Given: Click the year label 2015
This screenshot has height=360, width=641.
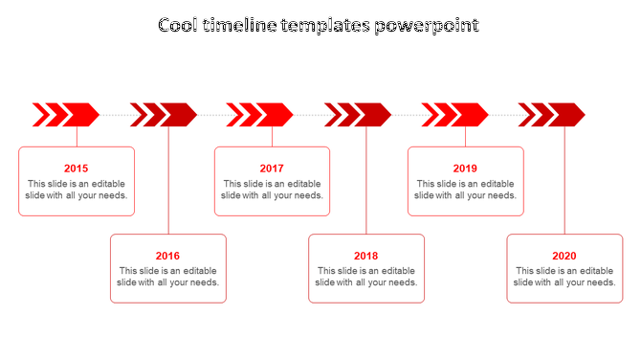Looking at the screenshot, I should pos(77,169).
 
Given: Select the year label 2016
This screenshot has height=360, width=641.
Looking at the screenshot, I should pos(167,256).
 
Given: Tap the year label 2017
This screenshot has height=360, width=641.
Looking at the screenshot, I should pos(272,169).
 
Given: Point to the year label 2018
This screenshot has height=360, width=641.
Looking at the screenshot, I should pos(365,256).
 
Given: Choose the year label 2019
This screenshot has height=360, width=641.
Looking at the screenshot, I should pos(465,169).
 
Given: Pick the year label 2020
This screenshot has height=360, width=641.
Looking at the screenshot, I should pos(564,256).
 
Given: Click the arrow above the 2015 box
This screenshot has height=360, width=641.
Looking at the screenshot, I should pos(67,115).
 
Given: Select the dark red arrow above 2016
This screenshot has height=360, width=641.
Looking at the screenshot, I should pos(165,115).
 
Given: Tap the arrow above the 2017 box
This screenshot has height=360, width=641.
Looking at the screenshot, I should pos(260,115).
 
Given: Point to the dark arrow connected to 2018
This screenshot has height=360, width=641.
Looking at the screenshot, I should pos(359,115).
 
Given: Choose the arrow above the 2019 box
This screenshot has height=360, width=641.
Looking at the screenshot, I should pos(455,115).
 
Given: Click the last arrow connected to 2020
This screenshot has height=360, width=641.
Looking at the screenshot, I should pos(553,115).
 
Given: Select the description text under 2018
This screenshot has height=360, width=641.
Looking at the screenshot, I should pos(365,277).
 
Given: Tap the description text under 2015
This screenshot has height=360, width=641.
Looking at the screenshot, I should pos(77,190).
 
